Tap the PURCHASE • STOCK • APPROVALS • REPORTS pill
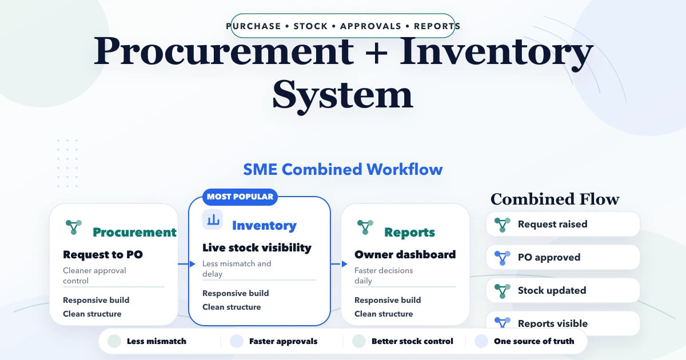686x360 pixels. pos(343,26)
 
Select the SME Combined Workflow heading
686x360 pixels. pos(343,169)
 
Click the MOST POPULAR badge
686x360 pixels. pos(240,197)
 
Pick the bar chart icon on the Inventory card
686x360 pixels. pos(213,219)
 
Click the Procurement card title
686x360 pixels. pos(134,232)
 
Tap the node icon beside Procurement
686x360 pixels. pos(73,226)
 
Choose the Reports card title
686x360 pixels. pos(409,232)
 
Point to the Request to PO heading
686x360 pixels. pos(103,254)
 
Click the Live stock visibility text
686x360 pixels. pos(257,247)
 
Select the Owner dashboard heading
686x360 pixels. pos(405,254)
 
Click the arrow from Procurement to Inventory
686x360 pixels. pos(184,264)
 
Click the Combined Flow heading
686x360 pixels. pos(555,199)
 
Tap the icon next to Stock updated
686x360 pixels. pos(502,290)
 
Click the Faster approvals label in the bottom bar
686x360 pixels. pos(283,341)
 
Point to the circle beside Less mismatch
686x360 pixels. pos(114,341)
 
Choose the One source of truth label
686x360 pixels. pos(534,341)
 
